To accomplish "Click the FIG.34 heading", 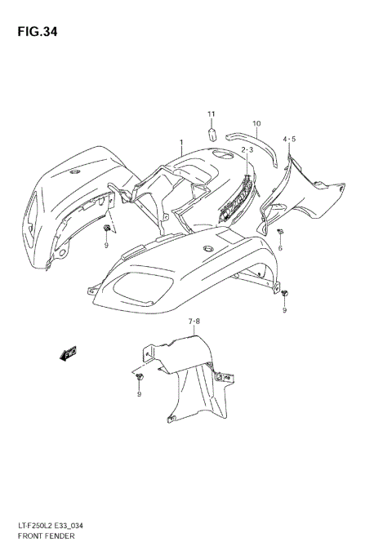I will [x=34, y=32].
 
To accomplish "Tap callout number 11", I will [x=209, y=113].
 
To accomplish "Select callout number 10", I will [x=256, y=124].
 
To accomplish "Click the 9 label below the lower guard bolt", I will [x=139, y=394].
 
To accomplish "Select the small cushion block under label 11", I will [x=209, y=131].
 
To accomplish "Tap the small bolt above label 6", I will [x=280, y=233].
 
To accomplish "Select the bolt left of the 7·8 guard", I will [x=140, y=376].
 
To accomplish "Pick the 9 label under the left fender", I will [x=107, y=244].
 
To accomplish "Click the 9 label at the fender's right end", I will [x=285, y=311].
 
